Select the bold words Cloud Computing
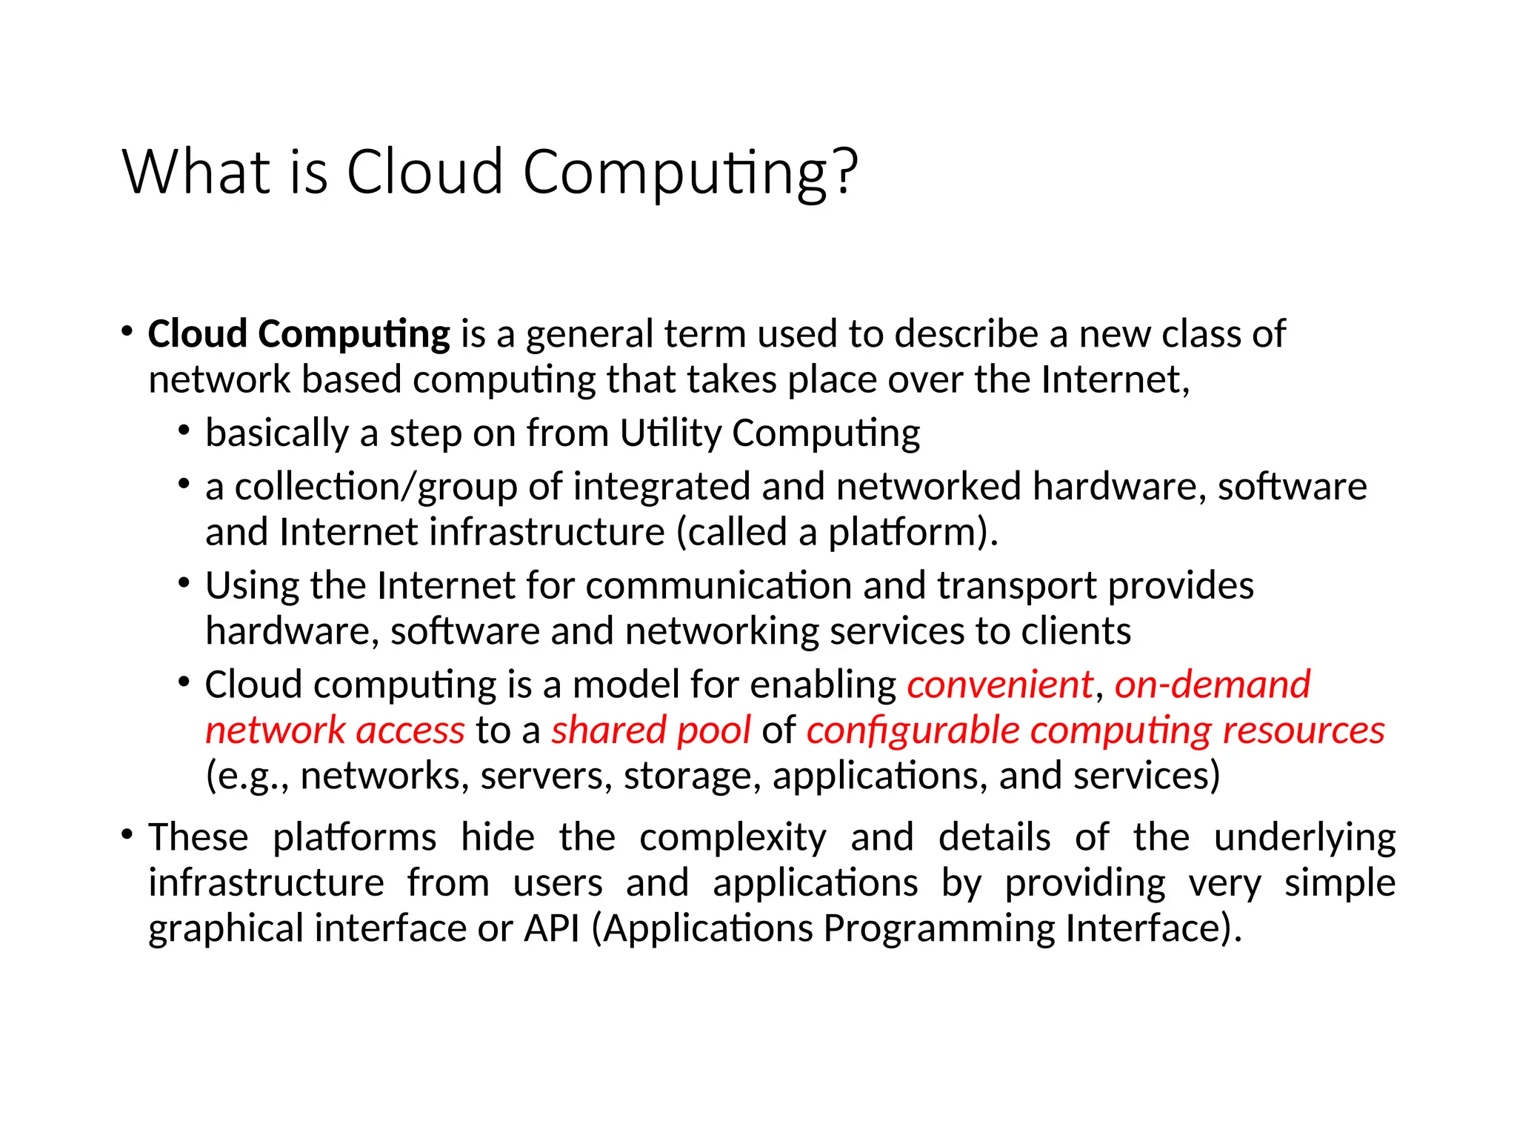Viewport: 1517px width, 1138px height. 299,334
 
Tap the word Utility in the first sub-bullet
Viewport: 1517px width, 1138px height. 670,433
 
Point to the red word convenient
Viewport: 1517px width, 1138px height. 1000,684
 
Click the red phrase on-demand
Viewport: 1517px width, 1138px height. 1213,684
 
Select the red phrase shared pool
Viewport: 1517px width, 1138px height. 651,730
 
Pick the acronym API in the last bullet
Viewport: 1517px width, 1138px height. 552,928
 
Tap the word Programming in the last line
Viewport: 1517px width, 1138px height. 938,928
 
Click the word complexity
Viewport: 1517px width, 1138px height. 733,838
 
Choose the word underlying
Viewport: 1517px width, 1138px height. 1304,838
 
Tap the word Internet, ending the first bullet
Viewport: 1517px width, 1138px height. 1116,379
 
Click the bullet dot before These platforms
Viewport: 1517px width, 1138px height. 127,835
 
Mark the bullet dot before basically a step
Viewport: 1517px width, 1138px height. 184,430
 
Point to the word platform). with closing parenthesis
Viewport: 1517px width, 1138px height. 913,533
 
